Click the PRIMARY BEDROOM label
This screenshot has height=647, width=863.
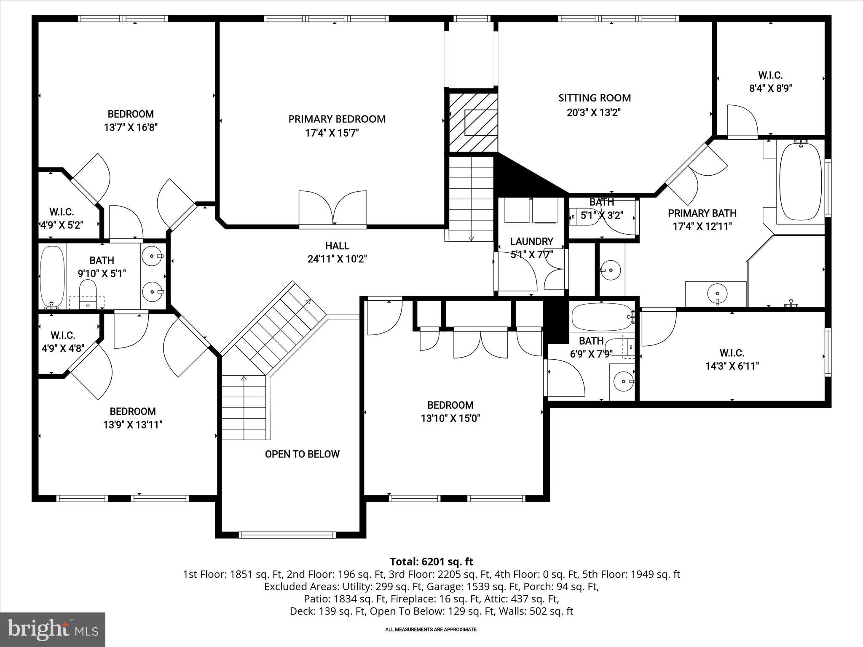pyautogui.click(x=337, y=119)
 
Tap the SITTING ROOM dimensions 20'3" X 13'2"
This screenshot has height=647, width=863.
pyautogui.click(x=594, y=113)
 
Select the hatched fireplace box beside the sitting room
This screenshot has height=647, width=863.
pyautogui.click(x=473, y=122)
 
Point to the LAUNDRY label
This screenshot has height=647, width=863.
pyautogui.click(x=531, y=241)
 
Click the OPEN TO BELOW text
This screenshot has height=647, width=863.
pyautogui.click(x=302, y=454)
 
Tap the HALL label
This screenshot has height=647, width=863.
pyautogui.click(x=337, y=246)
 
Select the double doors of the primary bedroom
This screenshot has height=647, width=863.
pyautogui.click(x=333, y=209)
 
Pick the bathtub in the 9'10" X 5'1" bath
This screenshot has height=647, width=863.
pyautogui.click(x=52, y=277)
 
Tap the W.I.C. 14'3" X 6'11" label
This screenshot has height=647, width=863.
pyautogui.click(x=732, y=359)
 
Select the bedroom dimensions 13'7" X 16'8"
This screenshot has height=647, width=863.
pyautogui.click(x=131, y=127)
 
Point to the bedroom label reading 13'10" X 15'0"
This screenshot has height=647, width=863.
pyautogui.click(x=450, y=418)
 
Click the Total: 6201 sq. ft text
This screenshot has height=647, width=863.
pyautogui.click(x=431, y=561)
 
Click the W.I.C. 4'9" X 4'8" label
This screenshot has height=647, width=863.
pyautogui.click(x=63, y=342)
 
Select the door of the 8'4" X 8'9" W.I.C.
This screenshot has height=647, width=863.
pyautogui.click(x=742, y=122)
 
